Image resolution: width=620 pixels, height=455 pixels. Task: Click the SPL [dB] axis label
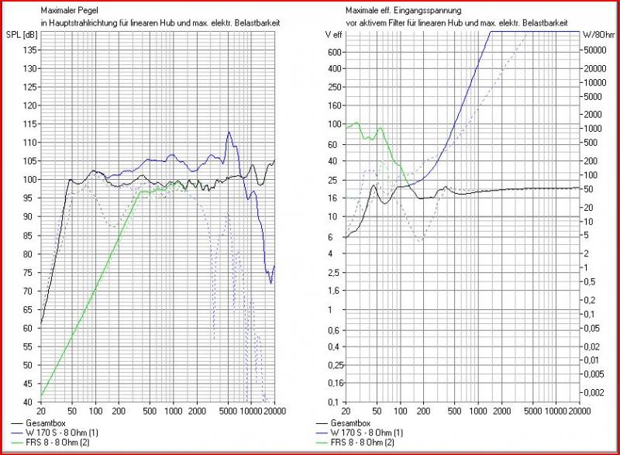pyautogui.click(x=23, y=36)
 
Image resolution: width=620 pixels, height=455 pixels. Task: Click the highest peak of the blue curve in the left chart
pyautogui.click(x=229, y=133)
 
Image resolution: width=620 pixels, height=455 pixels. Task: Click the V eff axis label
pyautogui.click(x=332, y=36)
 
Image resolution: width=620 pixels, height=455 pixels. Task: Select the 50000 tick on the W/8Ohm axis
pyautogui.click(x=594, y=49)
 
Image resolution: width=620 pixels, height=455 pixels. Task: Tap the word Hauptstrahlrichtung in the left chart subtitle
pyautogui.click(x=77, y=23)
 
